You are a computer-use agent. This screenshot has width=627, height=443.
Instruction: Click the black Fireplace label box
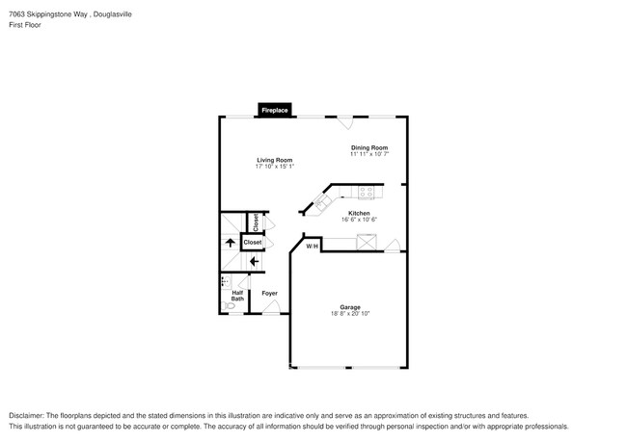pos(275,111)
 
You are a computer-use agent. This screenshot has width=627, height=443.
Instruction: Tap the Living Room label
pos(274,160)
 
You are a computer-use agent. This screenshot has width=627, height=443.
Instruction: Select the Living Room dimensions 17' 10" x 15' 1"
pos(274,167)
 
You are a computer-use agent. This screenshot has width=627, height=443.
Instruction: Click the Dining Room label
pos(369,147)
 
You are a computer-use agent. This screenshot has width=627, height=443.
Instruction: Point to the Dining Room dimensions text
pos(369,154)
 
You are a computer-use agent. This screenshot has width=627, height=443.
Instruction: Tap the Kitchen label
pos(359,213)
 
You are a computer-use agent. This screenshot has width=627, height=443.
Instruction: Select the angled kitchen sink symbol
pos(321,202)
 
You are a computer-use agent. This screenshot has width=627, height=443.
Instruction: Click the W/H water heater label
pos(312,248)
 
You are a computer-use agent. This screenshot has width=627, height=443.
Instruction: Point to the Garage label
pos(350,307)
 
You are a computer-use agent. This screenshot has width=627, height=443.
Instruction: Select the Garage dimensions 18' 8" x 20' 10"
pos(350,314)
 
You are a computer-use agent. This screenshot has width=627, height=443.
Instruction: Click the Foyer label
pos(269,293)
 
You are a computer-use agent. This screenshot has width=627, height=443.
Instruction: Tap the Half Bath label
pos(237,296)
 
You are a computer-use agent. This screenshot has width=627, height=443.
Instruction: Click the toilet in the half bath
pos(230,306)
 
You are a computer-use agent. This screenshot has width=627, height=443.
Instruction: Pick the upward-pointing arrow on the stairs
pos(230,243)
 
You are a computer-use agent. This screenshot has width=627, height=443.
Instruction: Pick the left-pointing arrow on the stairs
pos(255,261)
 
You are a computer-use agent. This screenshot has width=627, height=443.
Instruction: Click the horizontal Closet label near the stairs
pos(253,243)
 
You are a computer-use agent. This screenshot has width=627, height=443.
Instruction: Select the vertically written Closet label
pos(256,222)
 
